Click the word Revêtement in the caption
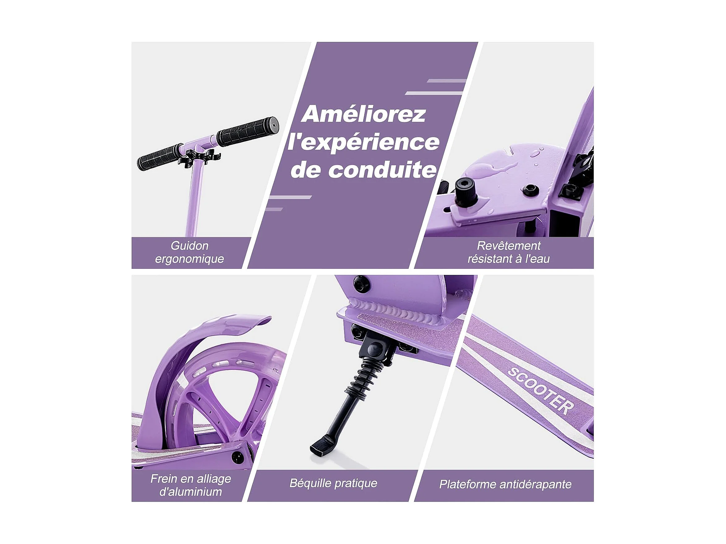[508, 246]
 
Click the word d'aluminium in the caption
[191, 492]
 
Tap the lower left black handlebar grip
[160, 157]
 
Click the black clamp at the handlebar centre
[199, 157]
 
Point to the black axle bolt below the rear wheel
[237, 457]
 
